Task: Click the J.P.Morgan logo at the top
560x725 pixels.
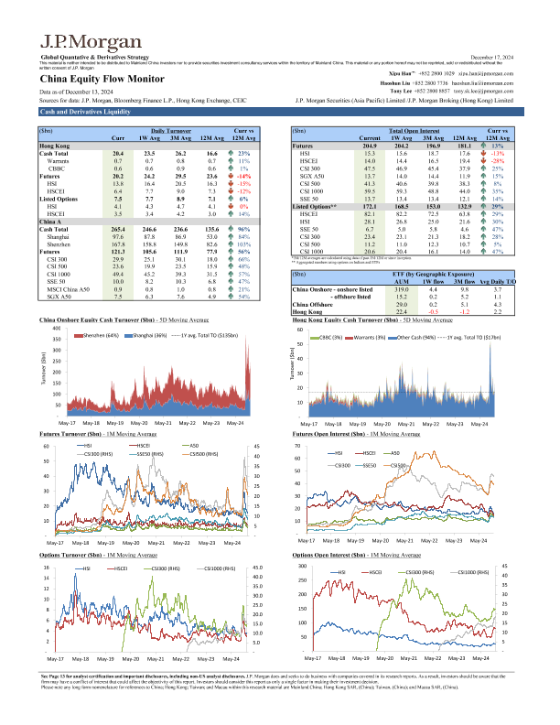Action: point(79,42)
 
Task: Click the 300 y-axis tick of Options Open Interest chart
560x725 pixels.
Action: point(302,566)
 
